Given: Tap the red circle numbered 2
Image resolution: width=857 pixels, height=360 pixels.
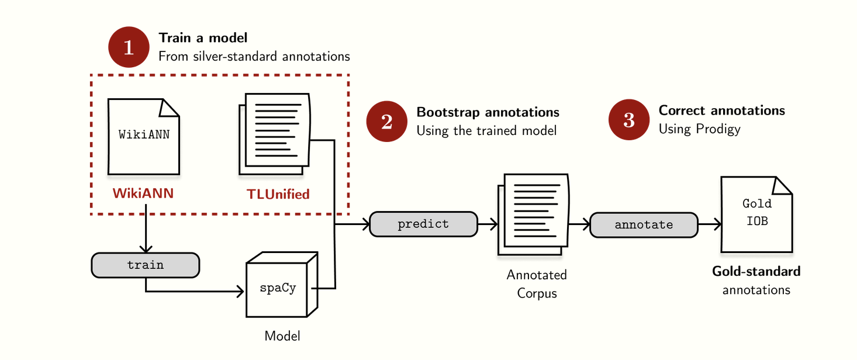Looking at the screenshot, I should tap(386, 122).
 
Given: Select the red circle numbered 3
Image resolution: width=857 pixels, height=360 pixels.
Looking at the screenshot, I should tap(629, 120).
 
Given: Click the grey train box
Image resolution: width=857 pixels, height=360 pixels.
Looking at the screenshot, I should tap(146, 265).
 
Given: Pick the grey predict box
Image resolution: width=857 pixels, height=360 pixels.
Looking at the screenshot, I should tap(423, 224).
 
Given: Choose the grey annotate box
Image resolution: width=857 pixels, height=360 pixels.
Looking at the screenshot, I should tap(644, 224).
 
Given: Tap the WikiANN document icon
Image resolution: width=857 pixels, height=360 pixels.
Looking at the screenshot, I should tap(144, 137).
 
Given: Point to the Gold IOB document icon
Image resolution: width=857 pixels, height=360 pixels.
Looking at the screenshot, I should tap(756, 214).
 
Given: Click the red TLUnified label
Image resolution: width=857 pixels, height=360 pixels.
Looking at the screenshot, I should tap(278, 194).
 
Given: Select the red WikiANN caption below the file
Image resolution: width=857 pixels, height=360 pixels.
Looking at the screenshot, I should tap(143, 193).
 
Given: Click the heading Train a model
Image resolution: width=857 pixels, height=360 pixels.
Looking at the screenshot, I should tap(203, 38).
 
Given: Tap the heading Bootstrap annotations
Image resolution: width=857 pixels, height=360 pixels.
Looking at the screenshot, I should tap(488, 112).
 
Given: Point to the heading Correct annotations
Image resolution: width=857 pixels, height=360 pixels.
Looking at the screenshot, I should tap(721, 110).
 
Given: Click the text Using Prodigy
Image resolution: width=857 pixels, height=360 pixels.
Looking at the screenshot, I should tap(699, 129).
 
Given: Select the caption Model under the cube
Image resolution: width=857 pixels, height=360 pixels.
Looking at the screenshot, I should tap(282, 336).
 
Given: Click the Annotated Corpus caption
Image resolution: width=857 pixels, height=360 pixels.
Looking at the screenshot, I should tap(537, 283).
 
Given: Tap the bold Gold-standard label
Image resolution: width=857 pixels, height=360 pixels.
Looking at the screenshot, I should tap(756, 271).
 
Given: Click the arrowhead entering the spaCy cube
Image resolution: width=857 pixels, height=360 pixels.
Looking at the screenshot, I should tap(240, 291).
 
